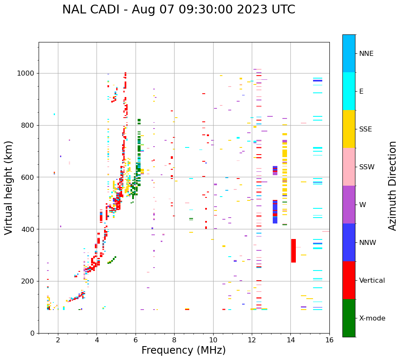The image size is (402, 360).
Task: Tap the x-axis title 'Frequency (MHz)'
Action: point(183,350)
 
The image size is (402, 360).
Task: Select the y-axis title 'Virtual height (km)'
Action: point(9,188)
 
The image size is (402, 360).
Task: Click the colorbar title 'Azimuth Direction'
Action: point(392,186)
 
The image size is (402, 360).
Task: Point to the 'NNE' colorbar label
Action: point(366,54)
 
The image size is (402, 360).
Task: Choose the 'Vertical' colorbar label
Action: point(372,281)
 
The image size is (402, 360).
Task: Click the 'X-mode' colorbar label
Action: point(372,318)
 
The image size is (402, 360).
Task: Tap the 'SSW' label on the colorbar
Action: point(367,167)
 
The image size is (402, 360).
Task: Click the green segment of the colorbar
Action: point(349,318)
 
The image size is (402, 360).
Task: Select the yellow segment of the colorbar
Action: point(349,129)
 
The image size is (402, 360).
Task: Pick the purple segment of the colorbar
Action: point(349,205)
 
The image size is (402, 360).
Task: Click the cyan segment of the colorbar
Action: point(349,91)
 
